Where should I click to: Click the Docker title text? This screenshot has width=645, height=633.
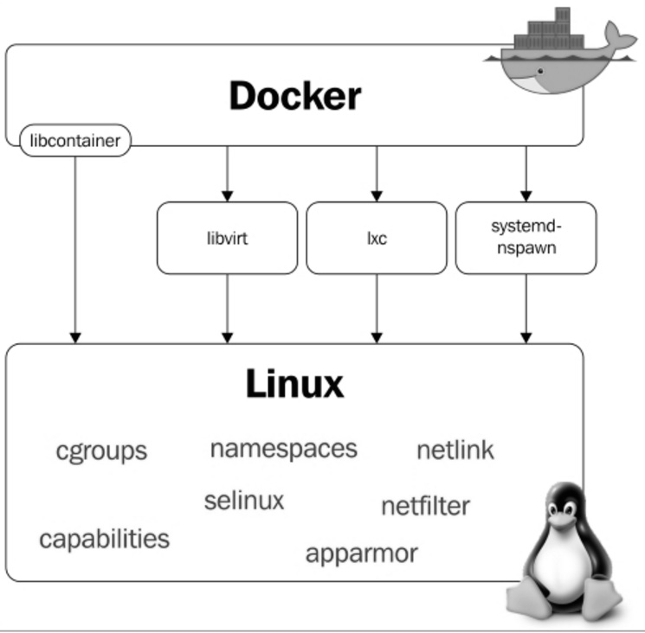pyautogui.click(x=294, y=96)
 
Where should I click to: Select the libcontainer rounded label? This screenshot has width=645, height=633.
pyautogui.click(x=75, y=140)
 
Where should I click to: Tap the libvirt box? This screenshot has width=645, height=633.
pyautogui.click(x=227, y=238)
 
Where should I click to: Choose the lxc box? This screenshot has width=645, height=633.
pyautogui.click(x=377, y=238)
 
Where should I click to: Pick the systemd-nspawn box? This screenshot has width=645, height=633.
pyautogui.click(x=526, y=237)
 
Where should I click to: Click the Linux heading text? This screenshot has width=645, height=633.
pyautogui.click(x=294, y=384)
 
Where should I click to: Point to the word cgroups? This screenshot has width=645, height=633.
pyautogui.click(x=101, y=451)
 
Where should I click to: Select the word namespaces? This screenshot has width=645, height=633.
pyautogui.click(x=283, y=448)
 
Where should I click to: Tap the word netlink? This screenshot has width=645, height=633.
pyautogui.click(x=455, y=450)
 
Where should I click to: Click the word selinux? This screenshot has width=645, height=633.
pyautogui.click(x=244, y=500)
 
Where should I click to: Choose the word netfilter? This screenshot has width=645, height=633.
pyautogui.click(x=425, y=505)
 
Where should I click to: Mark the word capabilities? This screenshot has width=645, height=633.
pyautogui.click(x=104, y=539)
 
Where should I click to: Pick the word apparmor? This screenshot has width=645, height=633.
pyautogui.click(x=361, y=553)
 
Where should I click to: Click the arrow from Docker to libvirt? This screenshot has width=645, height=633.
pyautogui.click(x=228, y=173)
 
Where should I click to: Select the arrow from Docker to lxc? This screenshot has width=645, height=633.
pyautogui.click(x=377, y=173)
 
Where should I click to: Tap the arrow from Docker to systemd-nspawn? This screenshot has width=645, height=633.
pyautogui.click(x=526, y=173)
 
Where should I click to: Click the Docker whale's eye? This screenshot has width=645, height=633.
pyautogui.click(x=541, y=72)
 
